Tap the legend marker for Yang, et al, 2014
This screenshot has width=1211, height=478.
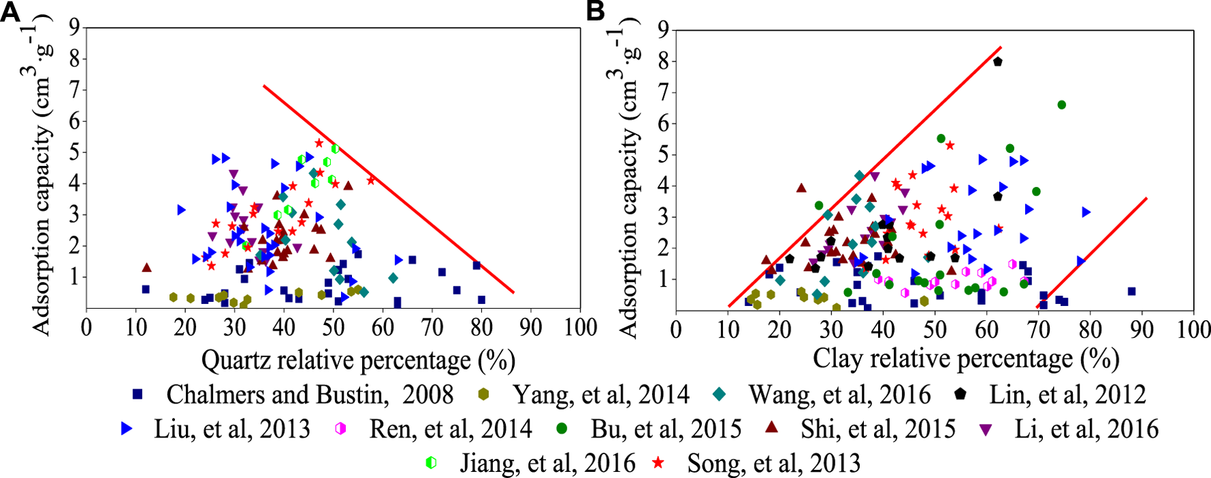click(x=483, y=394)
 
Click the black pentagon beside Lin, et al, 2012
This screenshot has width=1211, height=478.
click(x=961, y=393)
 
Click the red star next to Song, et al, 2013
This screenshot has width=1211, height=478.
click(x=659, y=463)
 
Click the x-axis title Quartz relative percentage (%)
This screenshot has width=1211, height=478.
click(x=358, y=361)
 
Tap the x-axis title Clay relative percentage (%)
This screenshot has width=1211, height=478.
click(x=966, y=358)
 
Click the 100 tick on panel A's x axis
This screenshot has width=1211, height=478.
click(x=580, y=328)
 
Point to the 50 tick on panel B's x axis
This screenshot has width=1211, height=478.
click(x=934, y=330)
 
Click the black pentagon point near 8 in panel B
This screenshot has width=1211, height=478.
click(x=998, y=61)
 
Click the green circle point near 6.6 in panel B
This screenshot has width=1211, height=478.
click(x=1061, y=105)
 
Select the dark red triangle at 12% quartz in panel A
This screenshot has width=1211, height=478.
click(x=146, y=268)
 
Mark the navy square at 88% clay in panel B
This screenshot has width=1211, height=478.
click(x=1131, y=292)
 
